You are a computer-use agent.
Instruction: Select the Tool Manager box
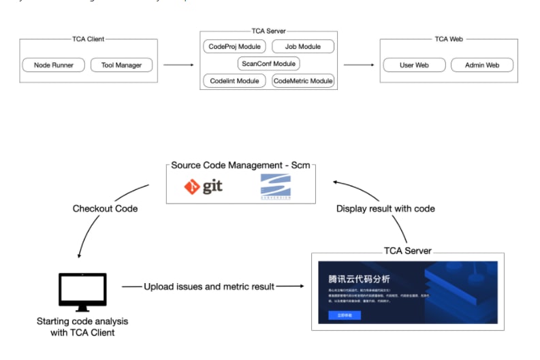click(x=121, y=65)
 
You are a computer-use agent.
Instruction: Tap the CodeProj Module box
click(x=234, y=47)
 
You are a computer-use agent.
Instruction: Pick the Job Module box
click(x=303, y=47)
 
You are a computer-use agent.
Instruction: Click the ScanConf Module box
click(x=269, y=64)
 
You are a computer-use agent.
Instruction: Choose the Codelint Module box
click(x=234, y=81)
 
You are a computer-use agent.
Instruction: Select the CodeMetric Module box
click(x=303, y=81)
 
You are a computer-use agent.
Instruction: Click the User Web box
click(x=414, y=65)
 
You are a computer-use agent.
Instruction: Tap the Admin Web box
click(x=482, y=65)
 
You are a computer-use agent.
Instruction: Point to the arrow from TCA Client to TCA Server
click(x=178, y=65)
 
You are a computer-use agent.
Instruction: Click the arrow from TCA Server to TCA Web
click(x=359, y=65)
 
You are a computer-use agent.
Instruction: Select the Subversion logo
click(x=275, y=186)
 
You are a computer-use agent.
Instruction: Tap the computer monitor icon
click(x=82, y=291)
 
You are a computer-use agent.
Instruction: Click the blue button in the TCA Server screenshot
click(x=344, y=315)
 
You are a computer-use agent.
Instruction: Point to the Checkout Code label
click(x=105, y=208)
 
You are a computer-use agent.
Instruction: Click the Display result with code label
click(x=385, y=208)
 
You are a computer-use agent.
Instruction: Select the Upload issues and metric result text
click(x=209, y=287)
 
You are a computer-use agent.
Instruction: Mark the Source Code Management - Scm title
click(x=242, y=165)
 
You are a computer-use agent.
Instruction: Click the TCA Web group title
click(x=448, y=39)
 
